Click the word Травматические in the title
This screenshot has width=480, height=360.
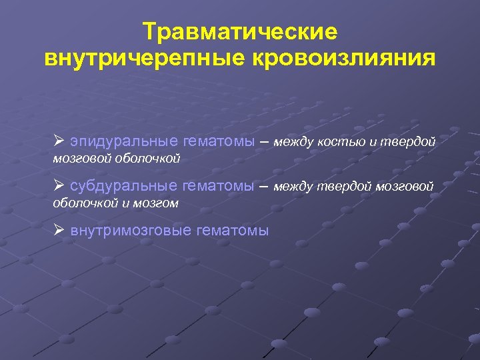(x=240, y=31)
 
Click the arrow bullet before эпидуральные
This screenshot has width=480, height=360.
(x=59, y=141)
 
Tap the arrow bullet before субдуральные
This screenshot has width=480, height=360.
(x=59, y=185)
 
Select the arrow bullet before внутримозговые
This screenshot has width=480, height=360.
(x=59, y=231)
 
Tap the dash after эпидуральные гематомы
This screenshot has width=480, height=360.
(x=263, y=141)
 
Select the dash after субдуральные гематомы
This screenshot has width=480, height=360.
(x=263, y=185)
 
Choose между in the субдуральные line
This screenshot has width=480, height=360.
(x=293, y=185)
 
